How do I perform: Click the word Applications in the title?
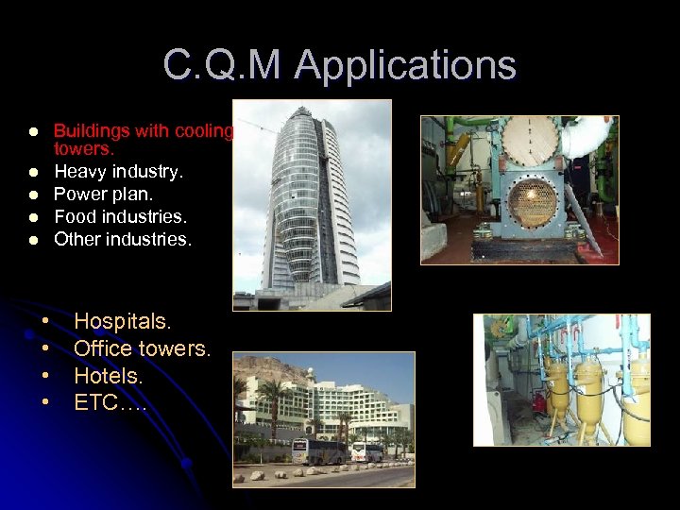(405, 66)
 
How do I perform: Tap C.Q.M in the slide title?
(223, 66)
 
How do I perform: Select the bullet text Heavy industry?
(119, 172)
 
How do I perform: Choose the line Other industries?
(123, 239)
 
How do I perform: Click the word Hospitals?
(123, 321)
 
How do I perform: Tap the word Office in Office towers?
(102, 348)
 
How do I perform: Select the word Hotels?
(109, 376)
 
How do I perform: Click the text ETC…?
(110, 402)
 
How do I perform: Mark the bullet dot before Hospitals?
(44, 322)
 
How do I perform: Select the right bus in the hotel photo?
(368, 451)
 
